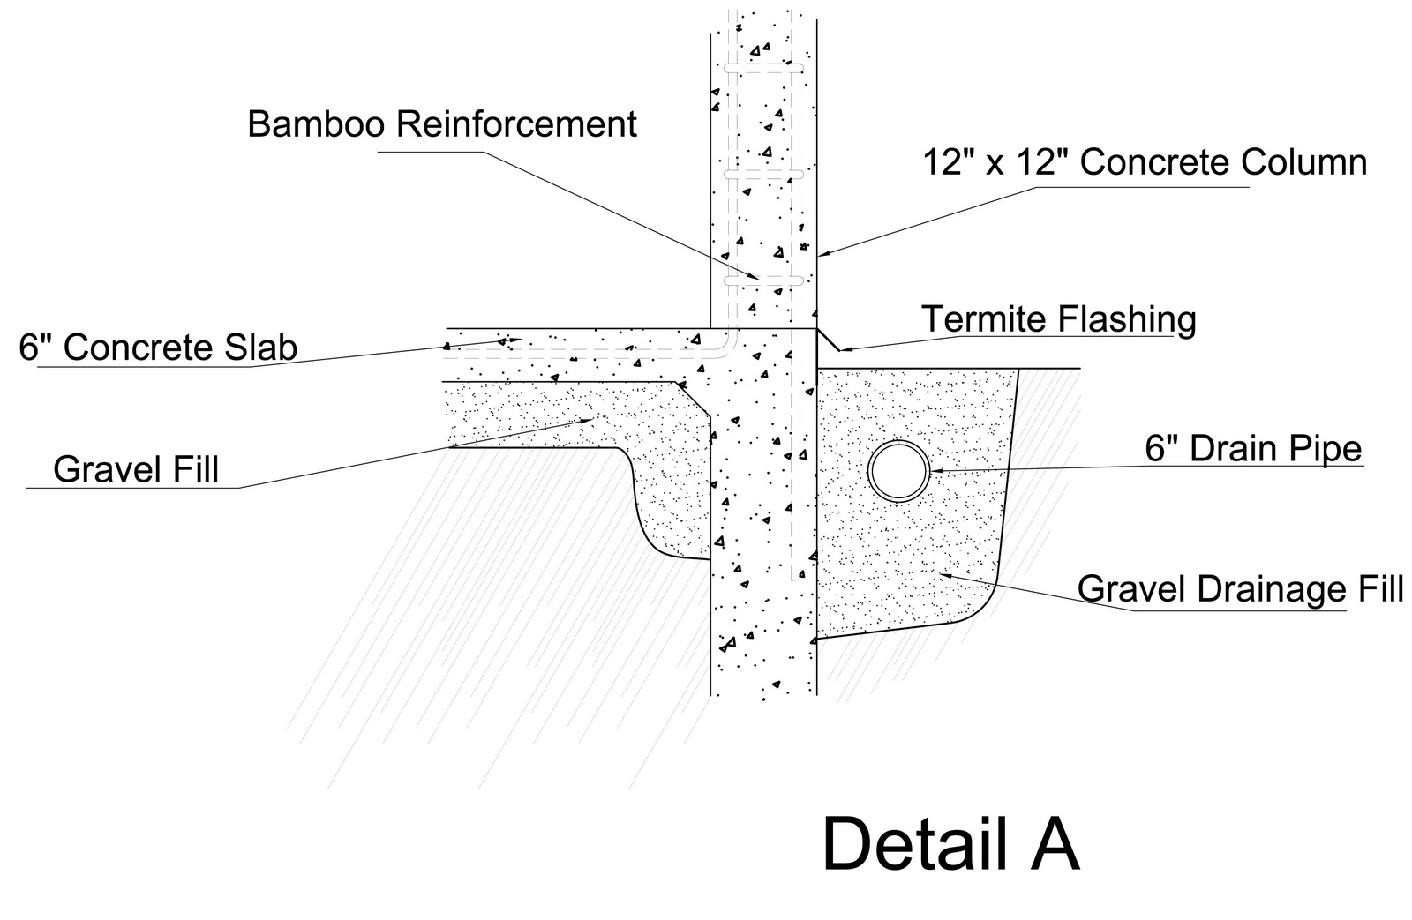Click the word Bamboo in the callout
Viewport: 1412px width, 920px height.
[x=315, y=124]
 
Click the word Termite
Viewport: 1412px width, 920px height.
[x=977, y=318]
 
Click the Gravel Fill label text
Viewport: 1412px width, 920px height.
[x=136, y=469]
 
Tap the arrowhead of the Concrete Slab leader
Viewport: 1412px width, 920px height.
[x=515, y=340]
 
